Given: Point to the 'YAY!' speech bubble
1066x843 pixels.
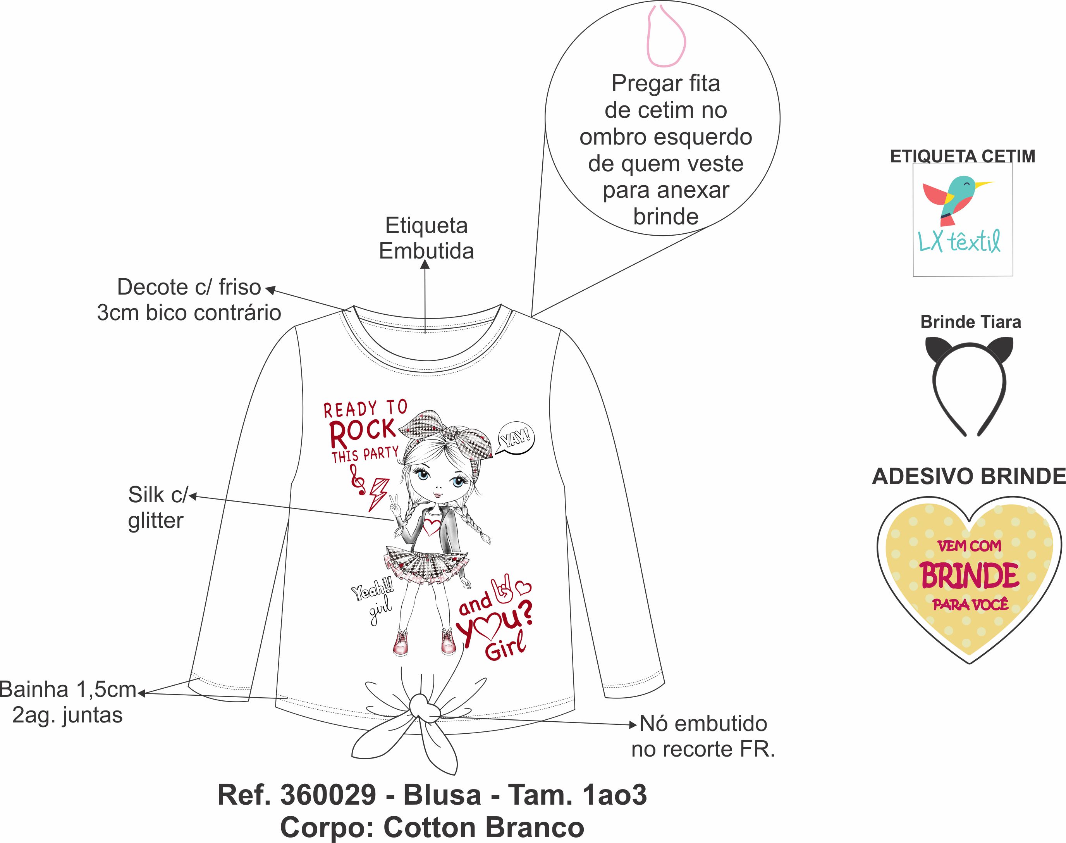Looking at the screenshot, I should pyautogui.click(x=516, y=437).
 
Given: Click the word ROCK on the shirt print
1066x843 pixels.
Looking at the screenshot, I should pyautogui.click(x=363, y=432).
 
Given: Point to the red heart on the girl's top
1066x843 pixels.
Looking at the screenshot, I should pyautogui.click(x=432, y=527).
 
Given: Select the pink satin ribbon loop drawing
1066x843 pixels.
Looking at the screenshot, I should pyautogui.click(x=666, y=37).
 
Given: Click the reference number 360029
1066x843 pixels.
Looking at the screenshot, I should pyautogui.click(x=328, y=795).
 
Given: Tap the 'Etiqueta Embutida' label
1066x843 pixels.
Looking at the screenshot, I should pyautogui.click(x=426, y=238).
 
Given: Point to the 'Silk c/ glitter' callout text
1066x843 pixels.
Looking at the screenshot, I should pyautogui.click(x=157, y=507).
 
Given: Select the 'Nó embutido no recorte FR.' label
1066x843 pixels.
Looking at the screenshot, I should pyautogui.click(x=703, y=736).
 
